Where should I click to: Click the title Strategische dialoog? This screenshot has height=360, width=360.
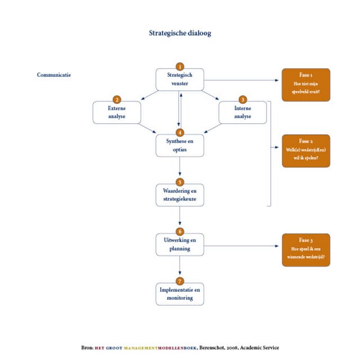coord(180,33)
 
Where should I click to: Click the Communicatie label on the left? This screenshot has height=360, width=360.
coord(54,75)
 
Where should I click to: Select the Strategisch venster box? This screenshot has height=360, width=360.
coord(180,80)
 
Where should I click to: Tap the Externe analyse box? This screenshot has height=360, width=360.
coord(116,112)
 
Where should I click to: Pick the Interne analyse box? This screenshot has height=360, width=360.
coord(242,112)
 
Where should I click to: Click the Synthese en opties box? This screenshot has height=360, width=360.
coord(180,146)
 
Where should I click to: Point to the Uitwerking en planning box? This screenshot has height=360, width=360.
coord(180,245)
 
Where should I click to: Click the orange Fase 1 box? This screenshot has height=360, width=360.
coord(306,85)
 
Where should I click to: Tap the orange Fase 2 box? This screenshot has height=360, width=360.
coord(306,151)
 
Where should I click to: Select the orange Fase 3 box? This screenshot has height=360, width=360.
coord(306,250)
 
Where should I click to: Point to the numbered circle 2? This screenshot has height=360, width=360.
coord(116,100)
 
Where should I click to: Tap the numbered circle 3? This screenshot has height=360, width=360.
coord(242,100)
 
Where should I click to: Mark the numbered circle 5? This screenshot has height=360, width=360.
coord(180,182)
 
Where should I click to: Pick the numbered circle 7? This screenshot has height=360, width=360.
coord(180,281)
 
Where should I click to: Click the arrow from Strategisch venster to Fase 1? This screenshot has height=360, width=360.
coord(242,81)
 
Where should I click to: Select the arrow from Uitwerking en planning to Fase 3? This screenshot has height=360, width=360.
coord(242,246)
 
